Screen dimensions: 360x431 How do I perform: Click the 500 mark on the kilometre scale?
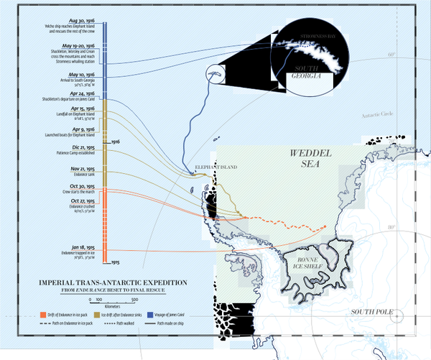[134, 297]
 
